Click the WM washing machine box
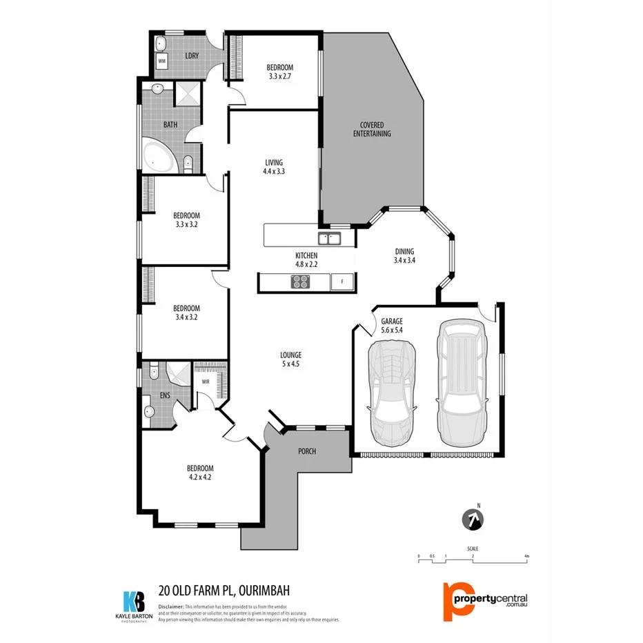pos(162,61)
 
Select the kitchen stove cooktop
pos(300,281)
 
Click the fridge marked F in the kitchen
pos(342,281)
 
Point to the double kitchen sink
pos(329,239)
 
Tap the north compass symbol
pos(473,520)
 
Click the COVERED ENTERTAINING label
pos(372,129)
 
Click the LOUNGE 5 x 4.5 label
pos(290,360)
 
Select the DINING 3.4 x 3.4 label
pos(404,256)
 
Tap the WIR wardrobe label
pos(206,381)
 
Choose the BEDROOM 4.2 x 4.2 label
pos(199,472)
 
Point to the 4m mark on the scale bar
pos(526,556)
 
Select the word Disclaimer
pos(174,606)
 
